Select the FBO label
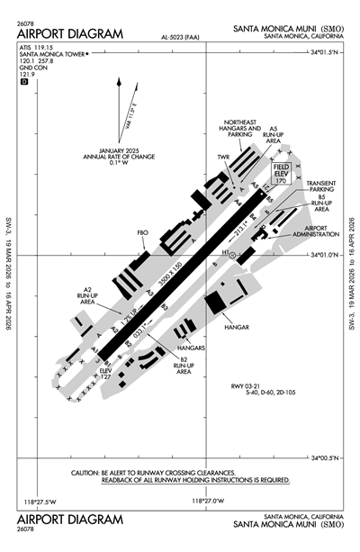[x=142, y=233]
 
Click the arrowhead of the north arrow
[x=119, y=83]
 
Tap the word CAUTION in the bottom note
[x=88, y=473]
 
